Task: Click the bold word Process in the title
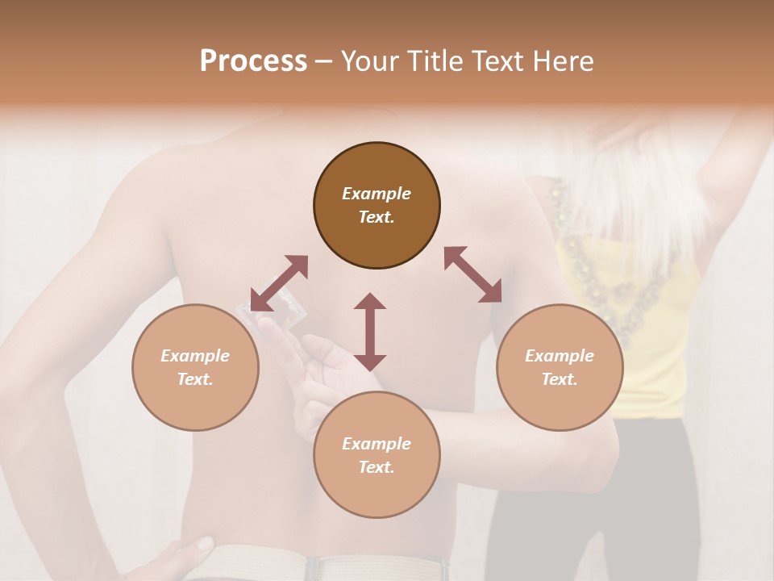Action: coord(253,61)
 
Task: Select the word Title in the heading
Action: coord(434,61)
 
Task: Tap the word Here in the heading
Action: coord(562,61)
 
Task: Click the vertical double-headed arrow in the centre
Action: coord(370,332)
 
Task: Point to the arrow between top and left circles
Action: coord(279,283)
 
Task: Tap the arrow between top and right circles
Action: coord(472,274)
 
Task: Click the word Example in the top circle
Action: coord(377,194)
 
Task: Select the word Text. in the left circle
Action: coord(195,379)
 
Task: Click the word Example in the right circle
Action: coord(560,356)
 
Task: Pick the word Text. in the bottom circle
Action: coord(377,467)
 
